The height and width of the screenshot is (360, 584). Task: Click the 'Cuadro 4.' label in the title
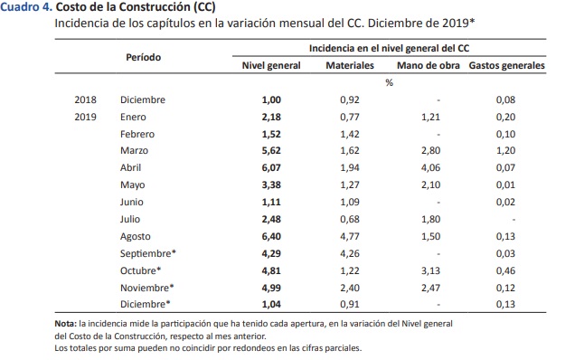click(26, 7)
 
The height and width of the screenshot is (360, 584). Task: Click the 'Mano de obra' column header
click(429, 66)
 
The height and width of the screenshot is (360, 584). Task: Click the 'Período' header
click(143, 57)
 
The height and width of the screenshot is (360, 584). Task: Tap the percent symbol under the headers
click(389, 83)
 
